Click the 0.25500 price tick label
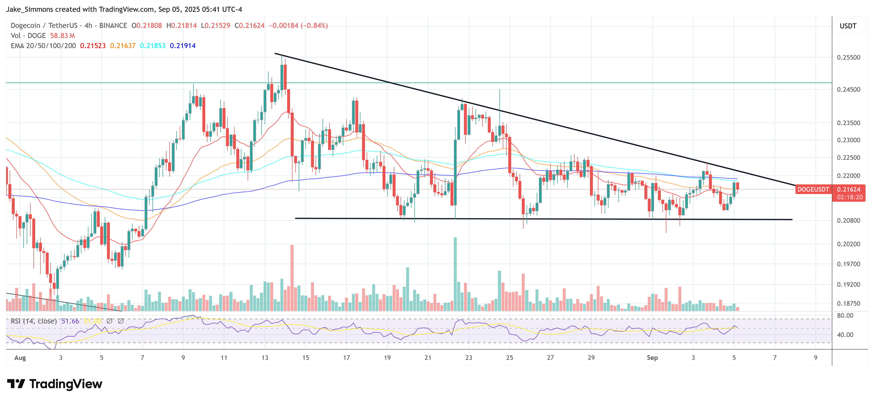(848, 58)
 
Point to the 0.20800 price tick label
(848, 220)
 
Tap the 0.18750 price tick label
(848, 303)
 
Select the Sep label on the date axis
(652, 358)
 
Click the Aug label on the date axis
(20, 358)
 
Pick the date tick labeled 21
(428, 358)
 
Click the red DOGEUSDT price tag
(813, 189)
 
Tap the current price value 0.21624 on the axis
(848, 189)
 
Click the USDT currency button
(848, 26)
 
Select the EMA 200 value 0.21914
(183, 46)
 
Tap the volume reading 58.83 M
(62, 36)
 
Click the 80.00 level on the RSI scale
(845, 316)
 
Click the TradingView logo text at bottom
(66, 384)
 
